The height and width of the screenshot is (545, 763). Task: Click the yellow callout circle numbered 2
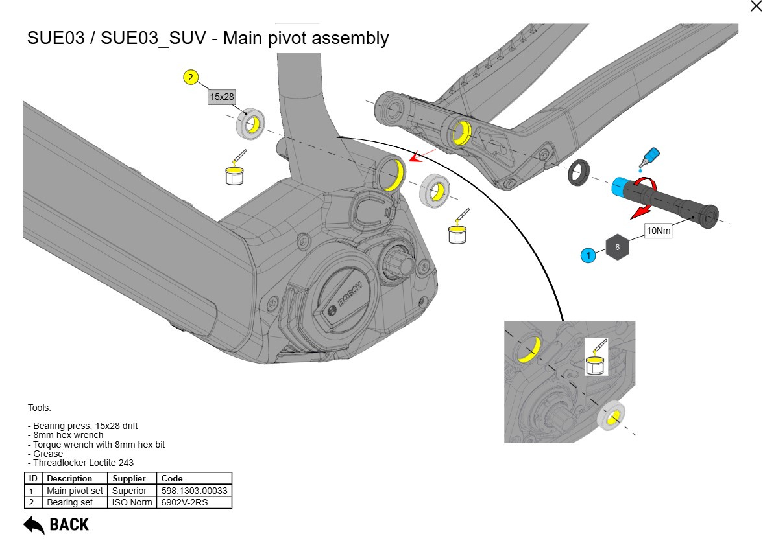pyautogui.click(x=190, y=77)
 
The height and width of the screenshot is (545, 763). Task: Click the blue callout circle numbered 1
pyautogui.click(x=588, y=256)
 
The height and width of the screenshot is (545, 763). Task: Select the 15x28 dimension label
pyautogui.click(x=221, y=97)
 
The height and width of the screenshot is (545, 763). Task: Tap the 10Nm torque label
pyautogui.click(x=658, y=231)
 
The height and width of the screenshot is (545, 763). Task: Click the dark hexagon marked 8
pyautogui.click(x=617, y=247)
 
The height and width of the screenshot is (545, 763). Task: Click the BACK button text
pyautogui.click(x=69, y=524)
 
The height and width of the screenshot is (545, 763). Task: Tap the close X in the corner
pyautogui.click(x=755, y=6)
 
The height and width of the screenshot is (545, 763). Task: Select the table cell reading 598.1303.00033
pyautogui.click(x=194, y=491)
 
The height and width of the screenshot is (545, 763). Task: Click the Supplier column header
pyautogui.click(x=129, y=479)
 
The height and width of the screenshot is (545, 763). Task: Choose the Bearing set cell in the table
pyautogui.click(x=69, y=502)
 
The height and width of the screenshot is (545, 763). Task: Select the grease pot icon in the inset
pyautogui.click(x=595, y=362)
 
